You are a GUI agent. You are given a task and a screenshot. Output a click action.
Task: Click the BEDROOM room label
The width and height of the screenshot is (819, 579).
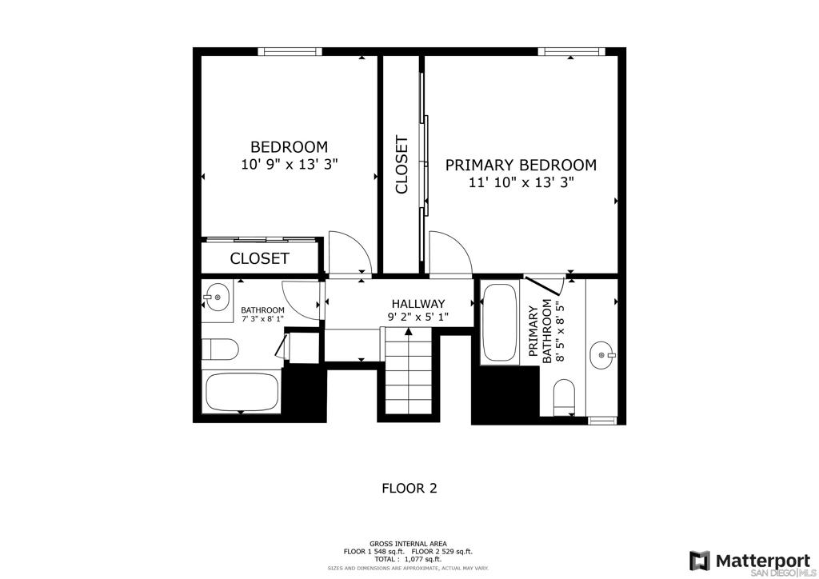pyautogui.click(x=289, y=146)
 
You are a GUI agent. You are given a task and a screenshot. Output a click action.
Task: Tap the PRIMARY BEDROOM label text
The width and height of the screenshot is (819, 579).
pyautogui.click(x=520, y=165)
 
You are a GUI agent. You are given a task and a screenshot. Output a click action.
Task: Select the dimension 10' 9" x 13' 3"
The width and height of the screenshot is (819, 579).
pyautogui.click(x=290, y=165)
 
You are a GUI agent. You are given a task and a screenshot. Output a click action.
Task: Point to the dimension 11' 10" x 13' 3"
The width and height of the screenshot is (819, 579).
pyautogui.click(x=520, y=182)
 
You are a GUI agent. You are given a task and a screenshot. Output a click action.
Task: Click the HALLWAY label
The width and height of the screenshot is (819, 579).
pyautogui.click(x=418, y=303)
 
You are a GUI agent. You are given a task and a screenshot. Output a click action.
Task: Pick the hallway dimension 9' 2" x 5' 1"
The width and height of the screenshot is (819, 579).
pyautogui.click(x=418, y=317)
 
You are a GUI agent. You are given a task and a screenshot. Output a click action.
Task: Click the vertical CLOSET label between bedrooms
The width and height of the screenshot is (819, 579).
pyautogui.click(x=402, y=165)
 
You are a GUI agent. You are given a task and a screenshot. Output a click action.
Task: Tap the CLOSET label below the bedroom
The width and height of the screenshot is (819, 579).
pyautogui.click(x=260, y=258)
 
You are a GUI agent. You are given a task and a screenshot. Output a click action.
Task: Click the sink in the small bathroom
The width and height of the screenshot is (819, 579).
pyautogui.click(x=217, y=297)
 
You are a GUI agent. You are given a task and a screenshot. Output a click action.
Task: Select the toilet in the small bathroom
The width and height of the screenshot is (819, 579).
pyautogui.click(x=220, y=349)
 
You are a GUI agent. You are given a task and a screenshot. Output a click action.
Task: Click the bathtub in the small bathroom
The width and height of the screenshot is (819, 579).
pyautogui.click(x=242, y=392)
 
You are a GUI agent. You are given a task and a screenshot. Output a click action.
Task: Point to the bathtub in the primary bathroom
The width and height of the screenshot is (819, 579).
pyautogui.click(x=500, y=322)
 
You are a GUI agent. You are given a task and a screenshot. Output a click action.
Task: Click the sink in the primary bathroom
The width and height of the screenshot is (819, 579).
pyautogui.click(x=602, y=355)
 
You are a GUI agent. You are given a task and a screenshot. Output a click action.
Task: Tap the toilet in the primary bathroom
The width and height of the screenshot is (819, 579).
pyautogui.click(x=564, y=397)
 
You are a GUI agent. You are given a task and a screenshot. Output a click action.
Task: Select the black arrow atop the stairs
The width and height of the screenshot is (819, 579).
pyautogui.click(x=409, y=330)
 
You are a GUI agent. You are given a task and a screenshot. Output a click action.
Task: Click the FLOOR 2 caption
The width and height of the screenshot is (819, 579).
pyautogui.click(x=409, y=488)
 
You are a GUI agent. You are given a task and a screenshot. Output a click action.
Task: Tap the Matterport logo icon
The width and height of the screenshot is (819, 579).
pyautogui.click(x=700, y=561)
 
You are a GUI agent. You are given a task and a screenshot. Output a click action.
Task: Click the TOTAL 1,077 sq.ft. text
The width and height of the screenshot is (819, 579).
pyautogui.click(x=408, y=559)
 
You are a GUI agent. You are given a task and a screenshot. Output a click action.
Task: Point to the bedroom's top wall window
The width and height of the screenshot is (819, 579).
pyautogui.click(x=290, y=51)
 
